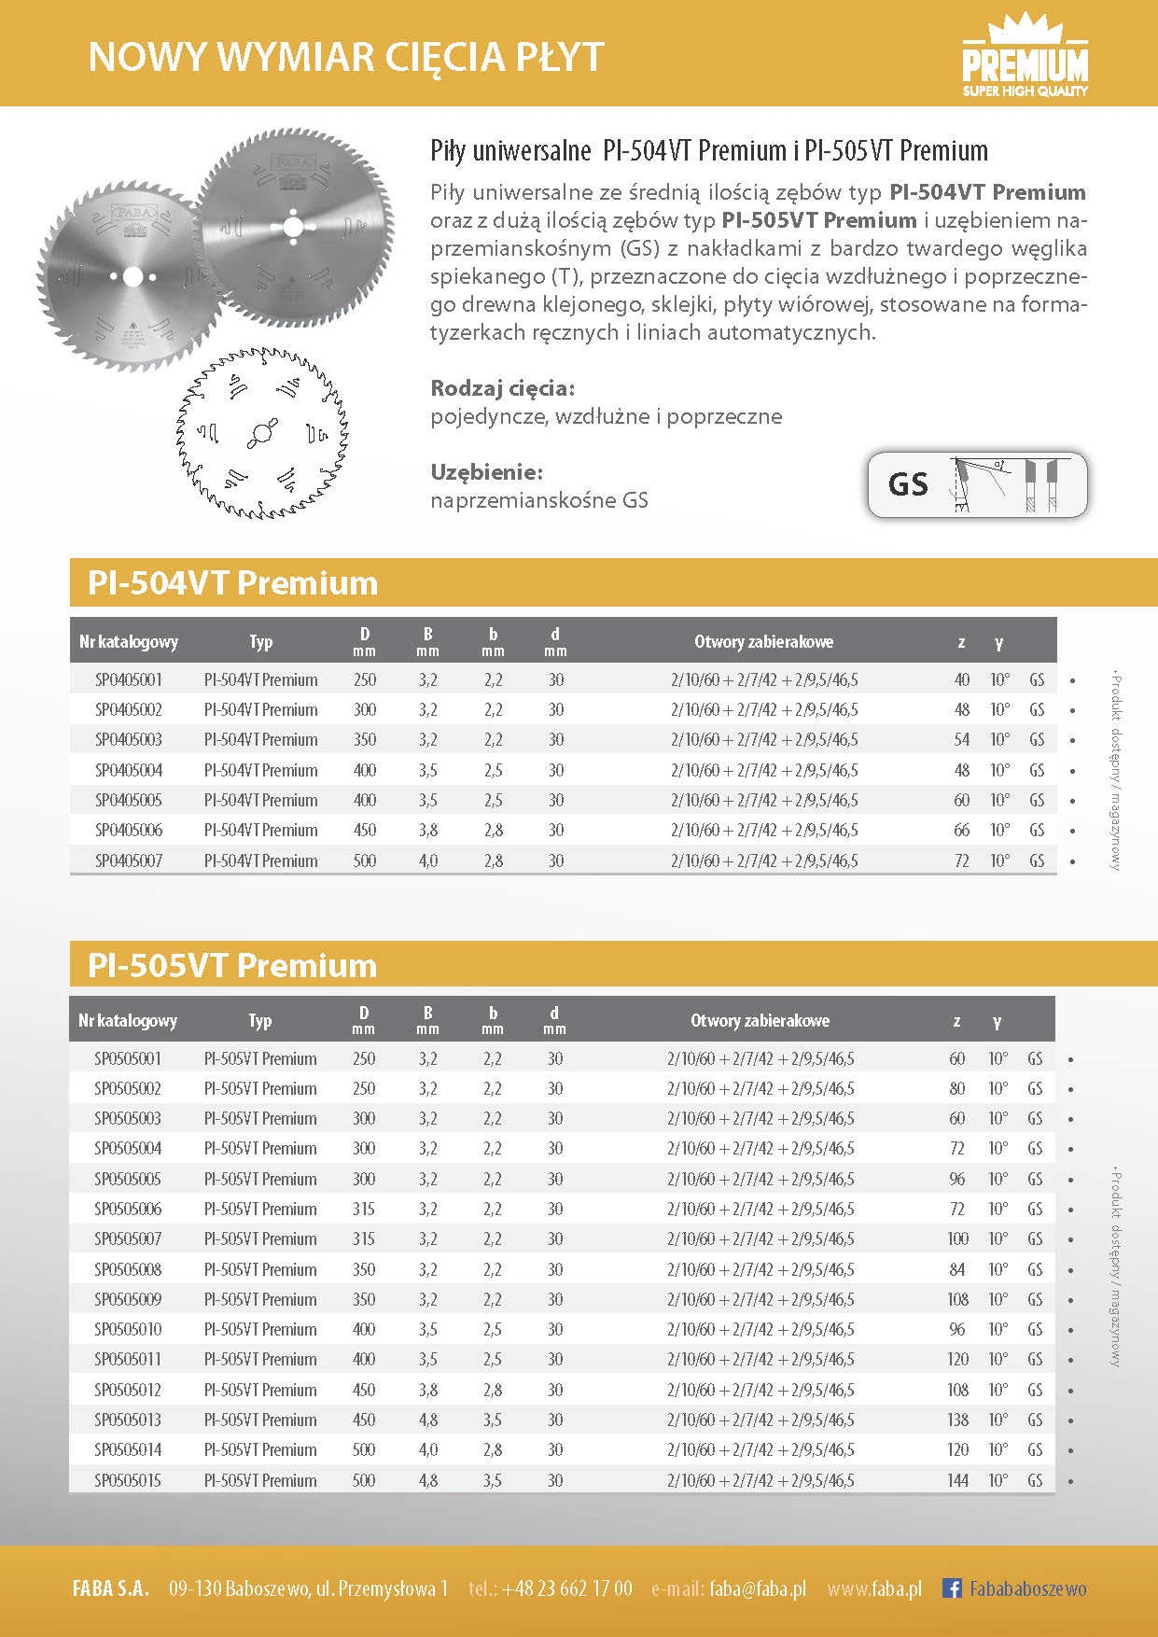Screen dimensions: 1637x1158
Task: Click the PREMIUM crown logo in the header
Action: (1025, 59)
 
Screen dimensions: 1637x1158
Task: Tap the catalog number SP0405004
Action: (128, 770)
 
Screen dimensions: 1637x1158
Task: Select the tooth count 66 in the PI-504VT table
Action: (961, 830)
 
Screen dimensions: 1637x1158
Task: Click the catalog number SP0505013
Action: (128, 1420)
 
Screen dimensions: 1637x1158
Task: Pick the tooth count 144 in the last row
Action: (957, 1480)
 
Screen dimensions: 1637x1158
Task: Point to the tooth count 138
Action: (957, 1420)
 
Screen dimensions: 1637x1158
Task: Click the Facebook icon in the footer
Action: (952, 1588)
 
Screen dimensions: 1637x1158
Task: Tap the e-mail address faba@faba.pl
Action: (757, 1588)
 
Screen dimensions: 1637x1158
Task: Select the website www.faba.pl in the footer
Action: (874, 1588)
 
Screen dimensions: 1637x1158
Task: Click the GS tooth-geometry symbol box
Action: (977, 484)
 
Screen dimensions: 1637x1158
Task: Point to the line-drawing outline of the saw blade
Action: (262, 433)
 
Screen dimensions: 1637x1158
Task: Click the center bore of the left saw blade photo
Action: (132, 277)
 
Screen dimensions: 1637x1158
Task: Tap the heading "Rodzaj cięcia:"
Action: (502, 388)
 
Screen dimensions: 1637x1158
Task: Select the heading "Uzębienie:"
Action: (486, 471)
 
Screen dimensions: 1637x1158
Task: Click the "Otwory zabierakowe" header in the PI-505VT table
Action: (760, 1020)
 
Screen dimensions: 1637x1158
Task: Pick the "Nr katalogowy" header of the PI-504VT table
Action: (129, 641)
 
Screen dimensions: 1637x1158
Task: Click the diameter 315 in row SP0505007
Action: (364, 1238)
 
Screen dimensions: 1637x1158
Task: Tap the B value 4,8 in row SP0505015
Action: (427, 1480)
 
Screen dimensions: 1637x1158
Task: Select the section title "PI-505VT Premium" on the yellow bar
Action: (232, 965)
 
